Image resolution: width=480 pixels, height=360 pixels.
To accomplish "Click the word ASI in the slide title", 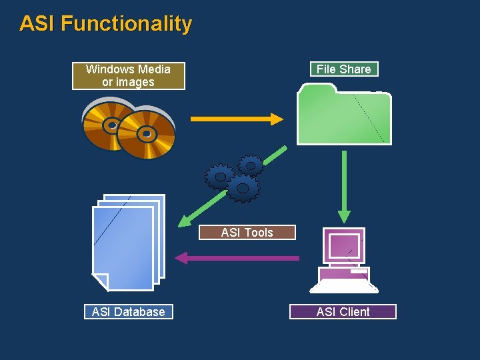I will (x=37, y=24).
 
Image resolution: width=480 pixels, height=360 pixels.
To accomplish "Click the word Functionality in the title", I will (x=127, y=24).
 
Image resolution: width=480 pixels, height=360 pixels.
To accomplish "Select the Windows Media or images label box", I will (x=128, y=76).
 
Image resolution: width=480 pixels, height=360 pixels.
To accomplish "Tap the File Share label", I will (x=343, y=69).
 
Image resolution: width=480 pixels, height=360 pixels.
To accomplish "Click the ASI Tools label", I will (x=247, y=233).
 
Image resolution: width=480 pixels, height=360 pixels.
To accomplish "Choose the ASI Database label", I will (x=128, y=311).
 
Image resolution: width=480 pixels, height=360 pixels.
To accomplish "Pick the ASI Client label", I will (x=343, y=311).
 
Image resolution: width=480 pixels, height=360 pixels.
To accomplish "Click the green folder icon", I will (x=343, y=117).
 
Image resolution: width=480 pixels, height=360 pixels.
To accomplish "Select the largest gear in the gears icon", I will (x=243, y=189).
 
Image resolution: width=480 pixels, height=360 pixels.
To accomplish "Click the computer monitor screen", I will (x=344, y=245).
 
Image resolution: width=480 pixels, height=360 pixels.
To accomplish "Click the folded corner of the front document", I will (x=101, y=282).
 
